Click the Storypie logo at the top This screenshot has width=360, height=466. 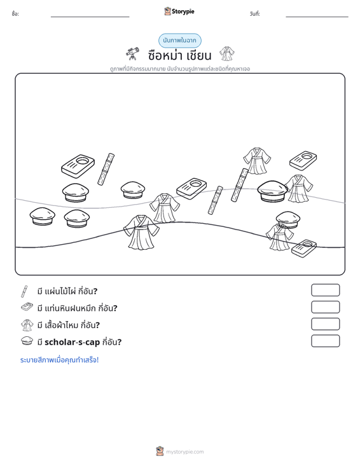coord(179,11)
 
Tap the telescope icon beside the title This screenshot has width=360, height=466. coord(132,53)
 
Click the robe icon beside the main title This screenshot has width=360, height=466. coord(227,53)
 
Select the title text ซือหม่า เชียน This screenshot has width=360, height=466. coord(179,55)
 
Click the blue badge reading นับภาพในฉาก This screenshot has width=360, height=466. coord(180,41)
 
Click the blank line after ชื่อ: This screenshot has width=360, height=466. coord(90,17)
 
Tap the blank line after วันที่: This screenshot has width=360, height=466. coord(317,17)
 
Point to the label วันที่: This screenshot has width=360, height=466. coord(255,14)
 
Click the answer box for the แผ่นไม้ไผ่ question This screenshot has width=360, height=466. coord(325,290)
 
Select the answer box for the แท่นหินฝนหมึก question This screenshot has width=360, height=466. coord(325,307)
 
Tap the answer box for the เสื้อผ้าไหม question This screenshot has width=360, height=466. coord(325,324)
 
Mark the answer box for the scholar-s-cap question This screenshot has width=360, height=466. coord(325,341)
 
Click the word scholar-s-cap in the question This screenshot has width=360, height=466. coord(72,342)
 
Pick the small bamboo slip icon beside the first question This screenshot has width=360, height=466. coord(24,291)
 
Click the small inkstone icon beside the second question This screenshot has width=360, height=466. coord(27,306)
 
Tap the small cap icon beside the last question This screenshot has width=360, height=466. coord(27,341)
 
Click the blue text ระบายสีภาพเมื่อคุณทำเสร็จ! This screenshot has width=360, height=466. coord(59,360)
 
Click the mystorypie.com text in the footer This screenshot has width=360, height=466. coord(185,452)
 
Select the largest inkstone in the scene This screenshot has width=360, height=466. coord(78,166)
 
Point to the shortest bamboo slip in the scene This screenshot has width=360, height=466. coord(215,200)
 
